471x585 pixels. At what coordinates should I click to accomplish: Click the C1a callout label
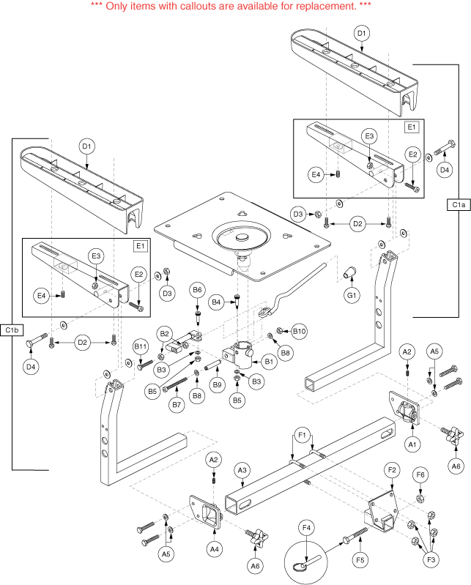456,206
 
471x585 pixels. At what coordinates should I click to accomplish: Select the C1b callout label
12,330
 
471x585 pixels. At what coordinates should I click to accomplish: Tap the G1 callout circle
352,295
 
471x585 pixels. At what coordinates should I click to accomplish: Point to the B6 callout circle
197,291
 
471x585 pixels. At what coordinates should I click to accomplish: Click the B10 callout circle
298,331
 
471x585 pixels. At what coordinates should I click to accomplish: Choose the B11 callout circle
141,346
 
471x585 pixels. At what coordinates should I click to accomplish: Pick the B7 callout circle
177,405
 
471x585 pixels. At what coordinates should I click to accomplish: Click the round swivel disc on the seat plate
241,238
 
